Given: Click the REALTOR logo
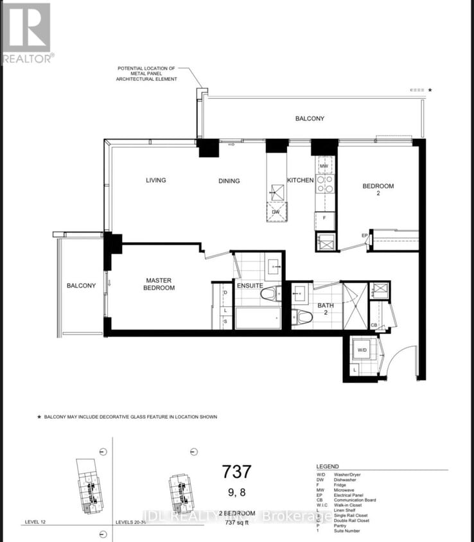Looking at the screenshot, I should [x=26, y=33].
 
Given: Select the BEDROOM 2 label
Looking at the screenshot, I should [x=378, y=190].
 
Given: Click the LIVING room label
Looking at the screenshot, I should [x=155, y=180].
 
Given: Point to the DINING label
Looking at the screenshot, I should [x=229, y=181].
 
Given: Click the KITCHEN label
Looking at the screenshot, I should [x=300, y=180].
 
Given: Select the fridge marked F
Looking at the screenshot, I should [x=324, y=218].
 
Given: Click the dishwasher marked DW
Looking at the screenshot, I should [x=276, y=212].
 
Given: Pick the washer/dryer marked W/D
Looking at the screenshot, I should [x=361, y=350].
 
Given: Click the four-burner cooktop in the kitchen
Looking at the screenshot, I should [x=325, y=184].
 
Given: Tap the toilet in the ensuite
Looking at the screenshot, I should [x=270, y=294].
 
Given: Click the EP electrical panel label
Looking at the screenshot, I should [x=364, y=236].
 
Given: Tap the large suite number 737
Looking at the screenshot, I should [x=236, y=472].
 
